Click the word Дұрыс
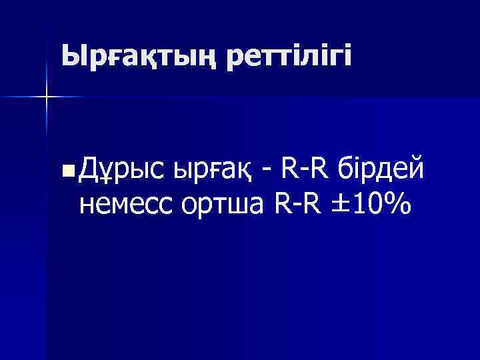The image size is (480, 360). (x=121, y=171)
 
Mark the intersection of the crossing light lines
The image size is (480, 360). (x=46, y=97)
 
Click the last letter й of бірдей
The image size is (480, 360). (x=415, y=171)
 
